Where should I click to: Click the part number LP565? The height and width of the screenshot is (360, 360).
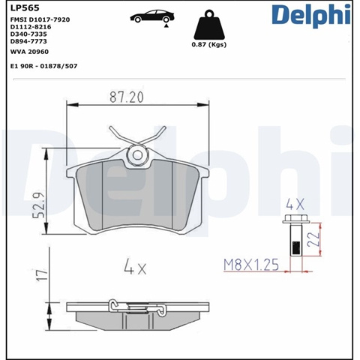click(x=25, y=8)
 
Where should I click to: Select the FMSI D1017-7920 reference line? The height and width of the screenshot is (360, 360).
click(x=40, y=19)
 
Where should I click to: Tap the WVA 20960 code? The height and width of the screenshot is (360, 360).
click(x=29, y=52)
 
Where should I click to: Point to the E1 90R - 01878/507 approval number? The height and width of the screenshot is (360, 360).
click(x=43, y=66)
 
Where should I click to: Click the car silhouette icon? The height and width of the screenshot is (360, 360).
click(x=152, y=17)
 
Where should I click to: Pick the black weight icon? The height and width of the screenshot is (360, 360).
click(x=209, y=25)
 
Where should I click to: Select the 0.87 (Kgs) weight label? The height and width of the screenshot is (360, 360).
click(x=209, y=45)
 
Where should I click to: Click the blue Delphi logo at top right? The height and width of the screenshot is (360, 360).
click(x=311, y=15)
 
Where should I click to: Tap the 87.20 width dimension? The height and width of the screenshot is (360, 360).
click(x=127, y=97)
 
